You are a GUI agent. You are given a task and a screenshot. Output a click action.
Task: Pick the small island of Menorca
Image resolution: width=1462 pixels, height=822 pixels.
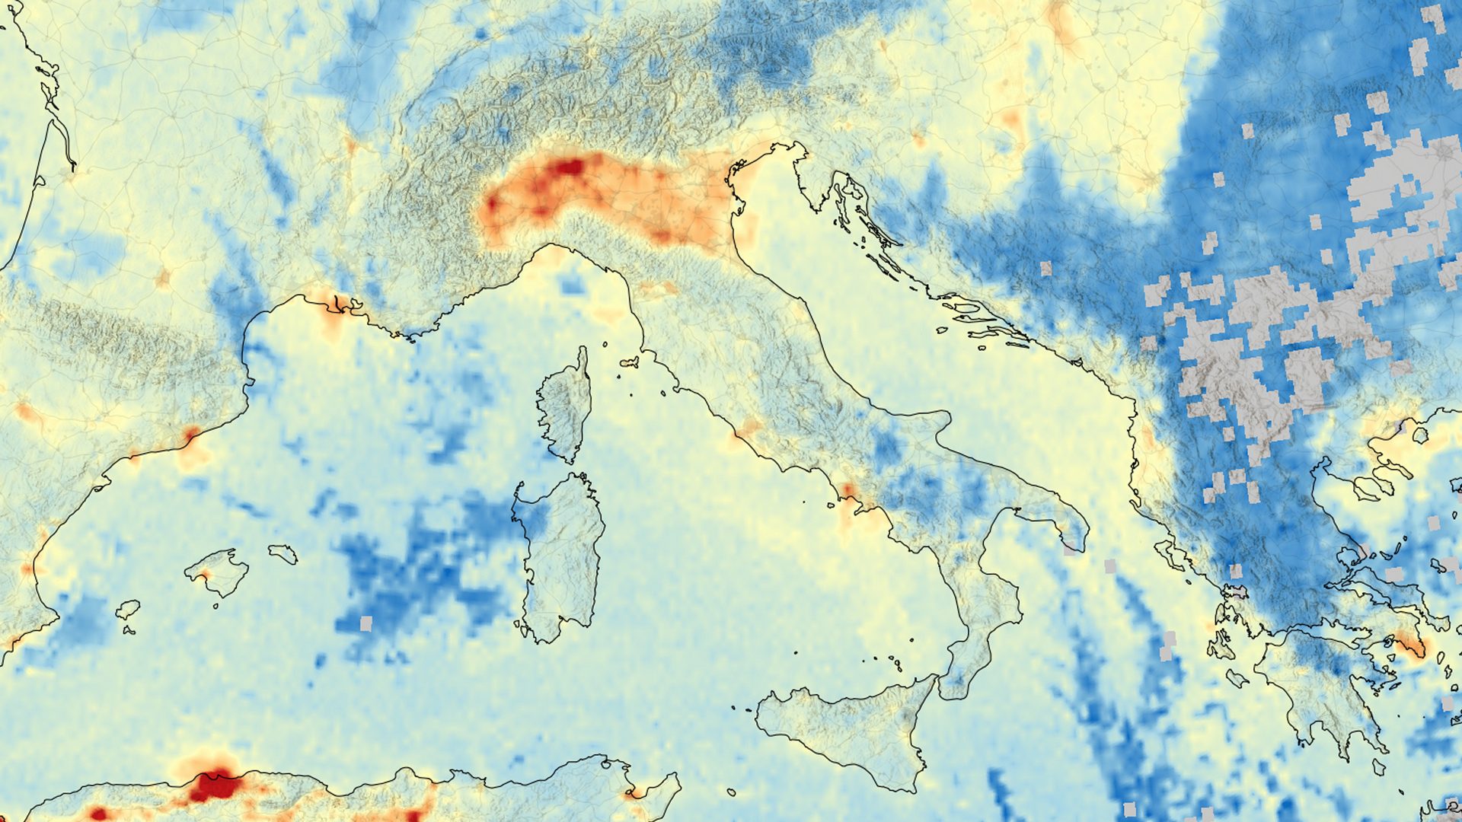pyautogui.click(x=283, y=553)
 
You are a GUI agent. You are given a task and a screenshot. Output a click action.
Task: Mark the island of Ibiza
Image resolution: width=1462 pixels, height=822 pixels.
pyautogui.click(x=128, y=610)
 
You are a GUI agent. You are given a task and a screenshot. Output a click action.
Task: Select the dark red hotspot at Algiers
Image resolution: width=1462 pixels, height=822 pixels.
pyautogui.click(x=214, y=785)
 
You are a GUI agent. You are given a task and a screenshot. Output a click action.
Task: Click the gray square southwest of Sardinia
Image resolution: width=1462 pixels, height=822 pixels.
pyautogui.click(x=365, y=623)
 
